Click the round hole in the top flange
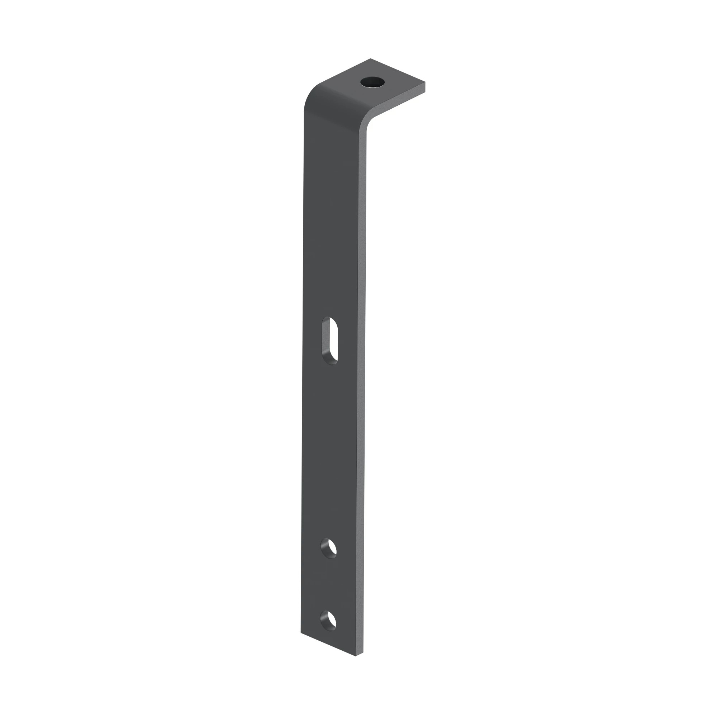click(x=372, y=82)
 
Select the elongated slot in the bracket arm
click(x=329, y=340)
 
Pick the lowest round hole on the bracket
click(x=328, y=621)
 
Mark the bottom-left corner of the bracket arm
click(x=301, y=633)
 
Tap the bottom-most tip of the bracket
click(x=356, y=656)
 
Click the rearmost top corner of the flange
click(x=370, y=59)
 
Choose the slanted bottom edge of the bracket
click(x=328, y=644)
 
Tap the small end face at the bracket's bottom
click(x=359, y=654)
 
